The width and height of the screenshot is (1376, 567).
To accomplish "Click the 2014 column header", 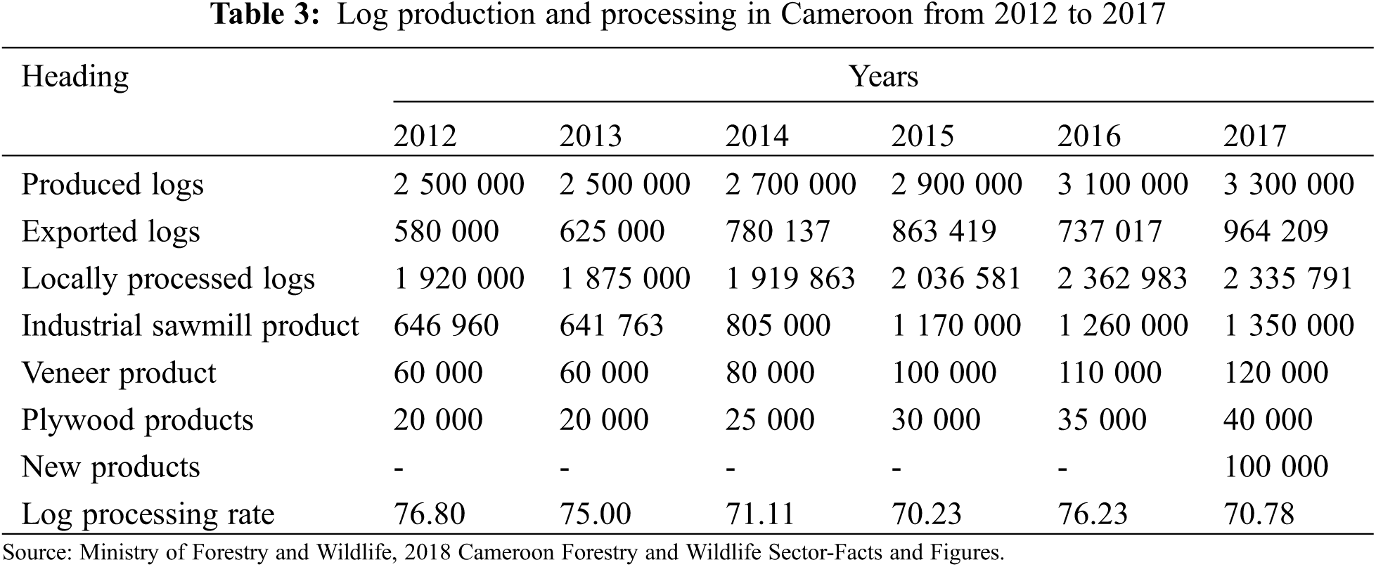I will point(757,136).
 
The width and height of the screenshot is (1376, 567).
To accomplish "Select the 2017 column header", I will point(1254,136).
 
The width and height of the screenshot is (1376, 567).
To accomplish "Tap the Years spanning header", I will point(883,76).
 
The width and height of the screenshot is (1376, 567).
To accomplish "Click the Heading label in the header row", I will point(75,76).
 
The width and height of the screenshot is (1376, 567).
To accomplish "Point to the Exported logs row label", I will point(110,232).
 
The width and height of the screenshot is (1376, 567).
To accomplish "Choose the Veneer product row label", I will point(119,373).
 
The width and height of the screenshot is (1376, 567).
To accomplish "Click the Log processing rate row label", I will point(148,514).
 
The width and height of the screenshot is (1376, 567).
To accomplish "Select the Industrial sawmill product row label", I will point(190,326).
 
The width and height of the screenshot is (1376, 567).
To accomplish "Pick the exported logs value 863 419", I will point(944,232).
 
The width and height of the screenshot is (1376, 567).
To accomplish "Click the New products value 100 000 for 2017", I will point(1275,467).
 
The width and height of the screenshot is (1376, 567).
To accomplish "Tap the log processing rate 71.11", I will point(759,514).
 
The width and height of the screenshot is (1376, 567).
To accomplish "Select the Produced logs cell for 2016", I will point(1122,185).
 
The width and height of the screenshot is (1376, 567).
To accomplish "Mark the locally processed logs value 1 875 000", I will point(624,279).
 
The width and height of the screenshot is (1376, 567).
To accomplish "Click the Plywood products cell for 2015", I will point(935,420).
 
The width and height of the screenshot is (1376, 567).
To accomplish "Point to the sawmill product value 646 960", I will point(446,326).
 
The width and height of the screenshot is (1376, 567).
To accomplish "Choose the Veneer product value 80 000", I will point(770,373).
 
